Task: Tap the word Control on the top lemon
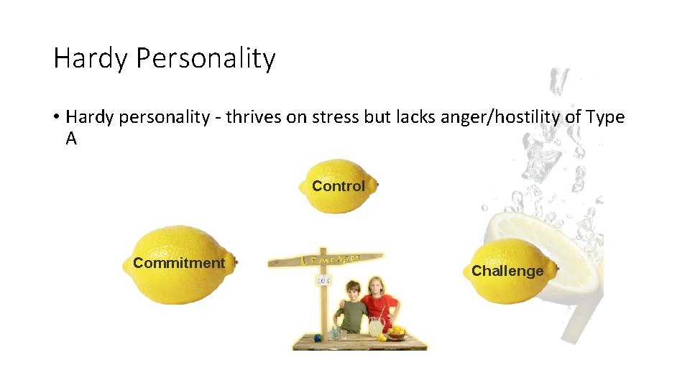(338, 186)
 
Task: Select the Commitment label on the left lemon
(178, 263)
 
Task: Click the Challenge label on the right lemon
(507, 271)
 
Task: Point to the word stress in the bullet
(336, 117)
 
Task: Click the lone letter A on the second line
(71, 139)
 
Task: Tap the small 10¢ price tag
(323, 280)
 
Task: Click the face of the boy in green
(352, 291)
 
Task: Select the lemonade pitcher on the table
(375, 327)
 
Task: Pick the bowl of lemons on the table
(396, 332)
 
